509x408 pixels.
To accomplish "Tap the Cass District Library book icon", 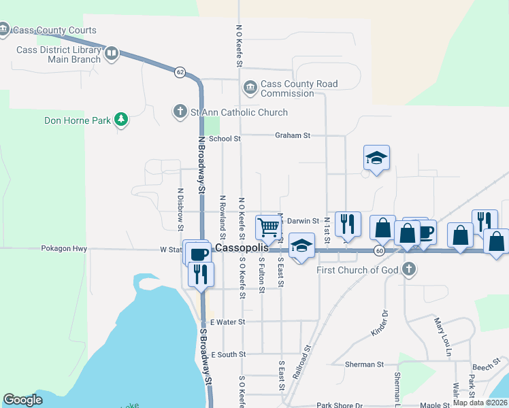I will click(112, 53).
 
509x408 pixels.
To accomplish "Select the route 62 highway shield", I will click(180, 72).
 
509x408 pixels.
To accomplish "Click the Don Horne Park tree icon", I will click(121, 120).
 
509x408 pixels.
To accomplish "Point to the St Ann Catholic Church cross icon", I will click(180, 111).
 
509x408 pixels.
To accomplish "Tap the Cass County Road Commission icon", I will click(249, 88).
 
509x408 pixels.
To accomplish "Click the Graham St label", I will click(293, 135).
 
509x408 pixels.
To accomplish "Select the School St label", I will click(225, 139).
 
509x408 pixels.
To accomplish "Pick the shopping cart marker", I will click(269, 227).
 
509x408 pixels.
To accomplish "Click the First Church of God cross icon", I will click(408, 269).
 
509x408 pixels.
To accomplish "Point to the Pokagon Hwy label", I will click(64, 249).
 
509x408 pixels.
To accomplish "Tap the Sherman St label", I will click(365, 364).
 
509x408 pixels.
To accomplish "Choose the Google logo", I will click(23, 400).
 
